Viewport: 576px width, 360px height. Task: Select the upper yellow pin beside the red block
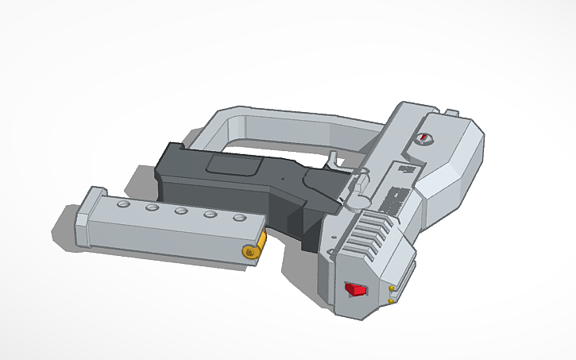pos(392,288)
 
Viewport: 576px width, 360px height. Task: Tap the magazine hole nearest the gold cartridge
pos(238,219)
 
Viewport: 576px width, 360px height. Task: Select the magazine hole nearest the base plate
pos(122,205)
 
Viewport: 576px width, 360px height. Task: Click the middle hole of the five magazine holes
pos(181,211)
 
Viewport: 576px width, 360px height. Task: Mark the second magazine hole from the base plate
pos(152,208)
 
